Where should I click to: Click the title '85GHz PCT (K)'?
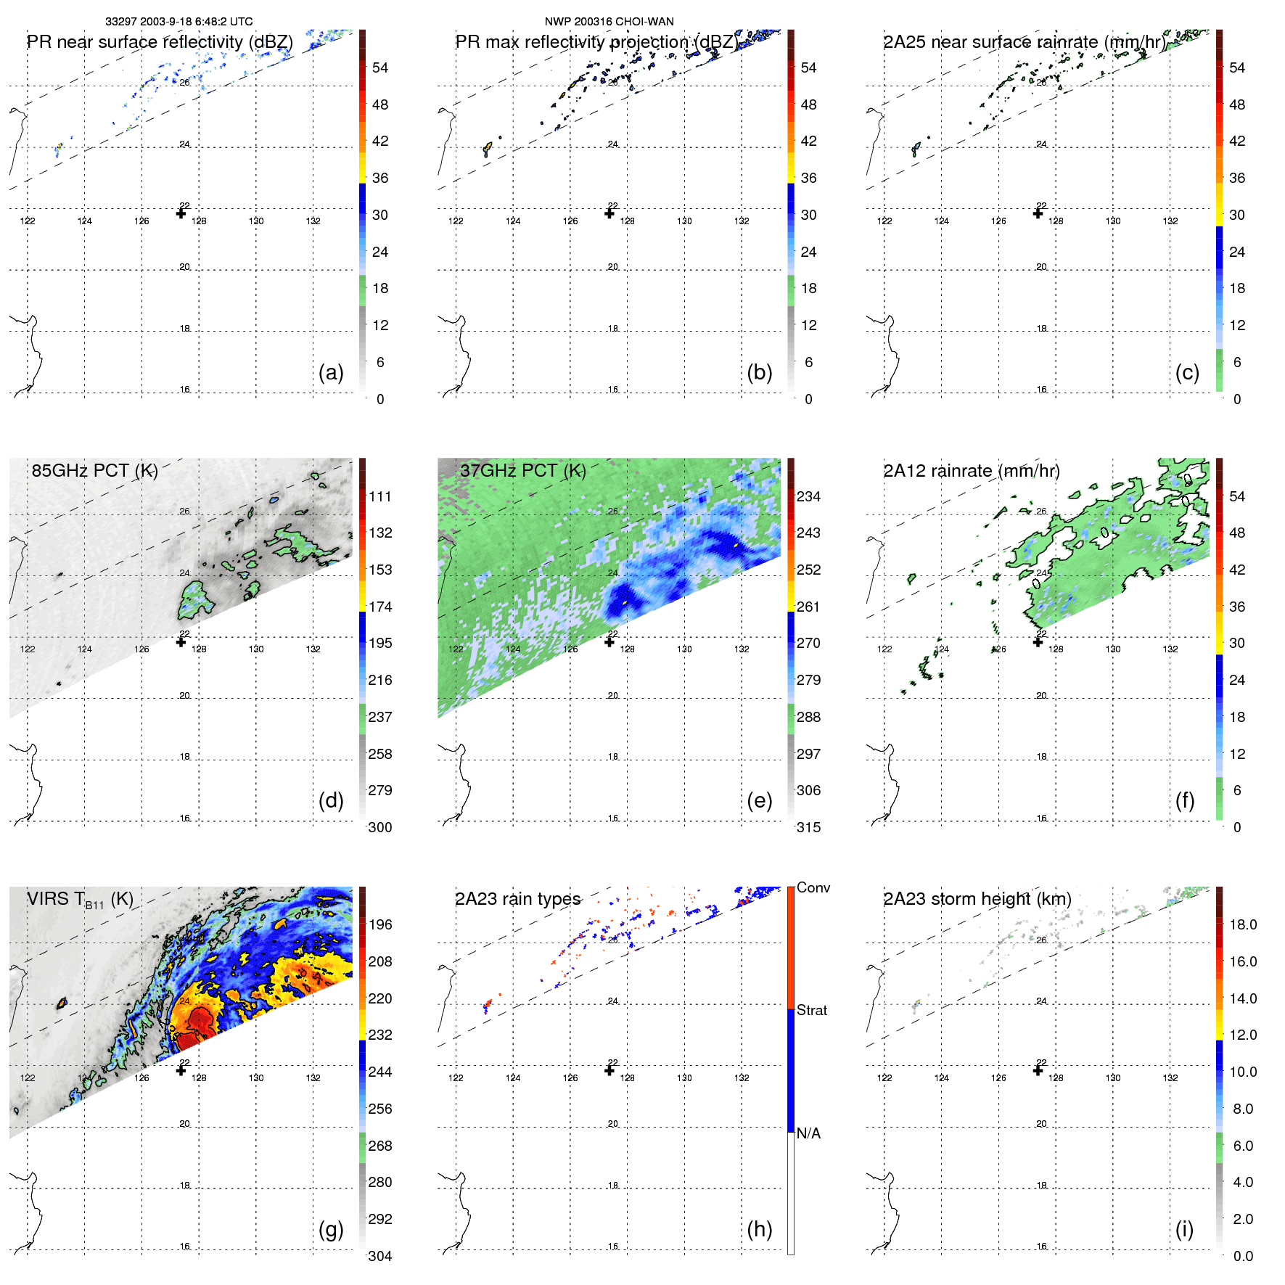94,471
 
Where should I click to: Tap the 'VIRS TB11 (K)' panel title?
80,900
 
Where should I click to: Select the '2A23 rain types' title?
517,899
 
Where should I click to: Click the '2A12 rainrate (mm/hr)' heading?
971,471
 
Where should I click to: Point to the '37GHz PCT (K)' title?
522,471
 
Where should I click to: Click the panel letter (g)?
331,1229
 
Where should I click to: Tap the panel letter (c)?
1187,372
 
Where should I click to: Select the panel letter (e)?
759,800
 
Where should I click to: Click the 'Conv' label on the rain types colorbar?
813,887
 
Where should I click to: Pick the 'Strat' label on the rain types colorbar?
811,1010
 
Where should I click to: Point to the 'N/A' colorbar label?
808,1133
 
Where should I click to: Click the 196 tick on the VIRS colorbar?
380,924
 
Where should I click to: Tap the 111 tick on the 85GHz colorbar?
380,496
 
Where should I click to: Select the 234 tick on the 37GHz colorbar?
808,496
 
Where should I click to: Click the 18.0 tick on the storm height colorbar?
1243,924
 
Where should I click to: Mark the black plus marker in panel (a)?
181,213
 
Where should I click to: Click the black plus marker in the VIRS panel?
181,1070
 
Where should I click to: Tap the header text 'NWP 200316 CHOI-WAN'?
609,22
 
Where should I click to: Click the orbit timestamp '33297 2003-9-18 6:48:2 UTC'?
178,22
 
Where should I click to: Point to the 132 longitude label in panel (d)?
313,649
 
